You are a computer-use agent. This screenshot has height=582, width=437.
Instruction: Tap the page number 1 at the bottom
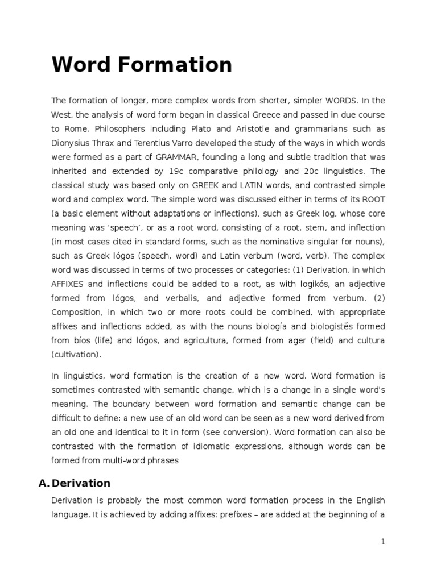(x=383, y=542)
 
